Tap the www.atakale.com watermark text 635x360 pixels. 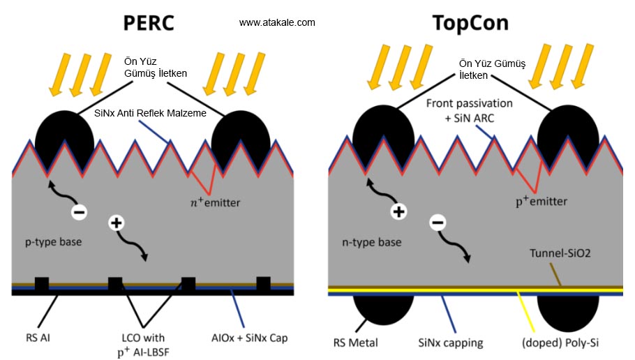(277, 23)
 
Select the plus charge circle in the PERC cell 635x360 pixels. (117, 224)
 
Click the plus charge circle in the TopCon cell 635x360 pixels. (398, 212)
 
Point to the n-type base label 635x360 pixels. (371, 242)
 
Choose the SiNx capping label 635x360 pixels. (450, 343)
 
